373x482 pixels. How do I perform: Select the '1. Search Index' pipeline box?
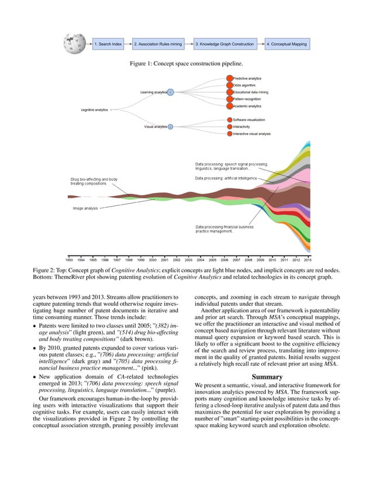pyautogui.click(x=109, y=44)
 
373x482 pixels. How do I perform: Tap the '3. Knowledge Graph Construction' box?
pyautogui.click(x=225, y=44)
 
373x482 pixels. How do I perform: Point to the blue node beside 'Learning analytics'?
pyautogui.click(x=170, y=92)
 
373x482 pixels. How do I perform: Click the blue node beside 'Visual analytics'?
pyautogui.click(x=170, y=127)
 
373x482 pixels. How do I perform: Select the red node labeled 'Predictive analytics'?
pyautogui.click(x=229, y=78)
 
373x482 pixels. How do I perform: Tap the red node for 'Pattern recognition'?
pyautogui.click(x=229, y=99)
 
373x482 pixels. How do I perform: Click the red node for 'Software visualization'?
pyautogui.click(x=229, y=120)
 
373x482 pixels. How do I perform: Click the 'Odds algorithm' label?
pyautogui.click(x=245, y=85)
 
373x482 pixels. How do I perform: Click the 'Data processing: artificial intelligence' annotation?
pyautogui.click(x=226, y=178)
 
